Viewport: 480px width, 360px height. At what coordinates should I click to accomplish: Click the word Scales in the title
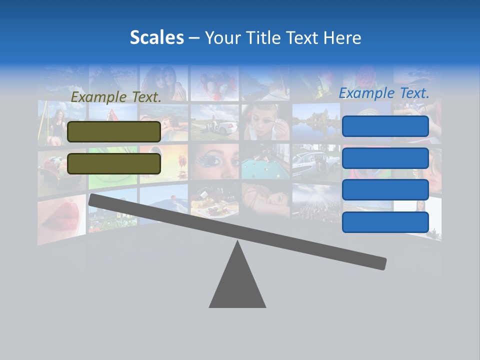pyautogui.click(x=156, y=38)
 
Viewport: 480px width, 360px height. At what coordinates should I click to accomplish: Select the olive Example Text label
pyautogui.click(x=116, y=97)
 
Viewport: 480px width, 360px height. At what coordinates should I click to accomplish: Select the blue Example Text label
pyautogui.click(x=384, y=93)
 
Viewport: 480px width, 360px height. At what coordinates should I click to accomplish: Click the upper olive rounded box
pyautogui.click(x=114, y=131)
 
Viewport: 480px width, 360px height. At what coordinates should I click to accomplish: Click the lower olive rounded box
pyautogui.click(x=114, y=163)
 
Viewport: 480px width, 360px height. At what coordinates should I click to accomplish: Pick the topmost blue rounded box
pyautogui.click(x=385, y=126)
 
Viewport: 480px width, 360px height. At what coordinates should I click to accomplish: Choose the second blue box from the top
pyautogui.click(x=385, y=158)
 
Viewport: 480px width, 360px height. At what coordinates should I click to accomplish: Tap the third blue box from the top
pyautogui.click(x=385, y=190)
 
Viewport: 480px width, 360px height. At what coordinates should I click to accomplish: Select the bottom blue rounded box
pyautogui.click(x=385, y=222)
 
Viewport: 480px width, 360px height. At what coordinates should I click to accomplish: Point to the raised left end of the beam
pyautogui.click(x=95, y=199)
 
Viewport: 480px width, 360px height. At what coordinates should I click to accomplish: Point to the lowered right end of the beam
pyautogui.click(x=380, y=263)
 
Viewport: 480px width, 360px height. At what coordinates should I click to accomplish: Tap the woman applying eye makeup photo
pyautogui.click(x=265, y=122)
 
